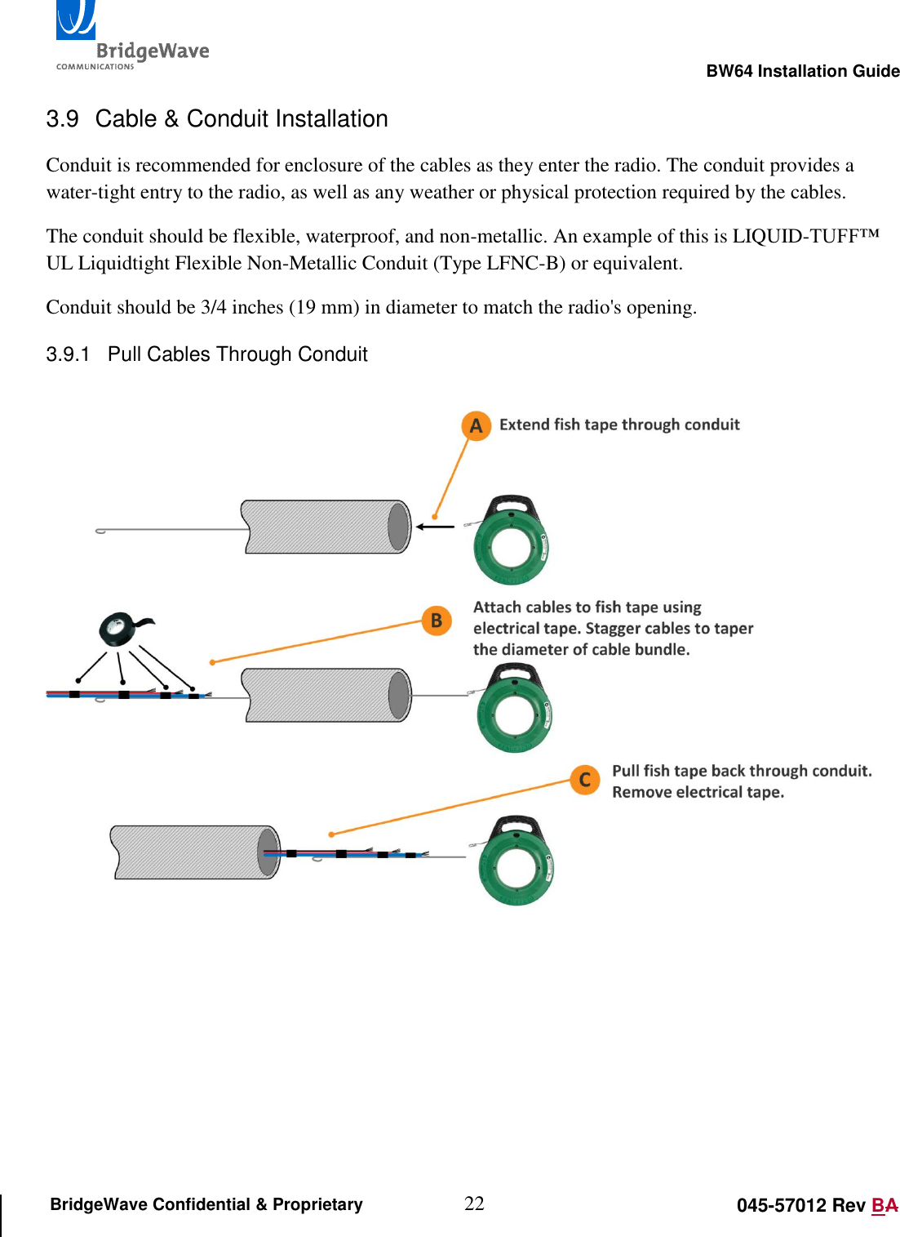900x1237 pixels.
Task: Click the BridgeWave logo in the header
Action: click(x=131, y=37)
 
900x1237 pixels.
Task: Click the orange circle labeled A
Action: click(x=476, y=425)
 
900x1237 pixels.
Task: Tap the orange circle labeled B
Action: click(x=437, y=621)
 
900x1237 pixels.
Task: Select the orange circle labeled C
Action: click(x=584, y=780)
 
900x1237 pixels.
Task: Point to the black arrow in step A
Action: click(x=435, y=527)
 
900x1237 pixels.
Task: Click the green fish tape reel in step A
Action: click(x=511, y=541)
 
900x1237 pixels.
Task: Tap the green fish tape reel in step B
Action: click(x=514, y=709)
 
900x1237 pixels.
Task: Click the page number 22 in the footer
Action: click(x=474, y=1204)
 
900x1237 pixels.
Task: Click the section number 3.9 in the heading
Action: click(x=62, y=119)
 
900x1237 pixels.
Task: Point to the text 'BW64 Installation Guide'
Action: click(x=802, y=71)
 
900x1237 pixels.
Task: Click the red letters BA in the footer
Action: click(x=884, y=1205)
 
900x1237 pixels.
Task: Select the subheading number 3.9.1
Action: click(x=68, y=354)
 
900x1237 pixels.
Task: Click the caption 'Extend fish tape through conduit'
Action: click(x=619, y=425)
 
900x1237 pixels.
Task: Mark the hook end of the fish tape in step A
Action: click(x=101, y=531)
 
